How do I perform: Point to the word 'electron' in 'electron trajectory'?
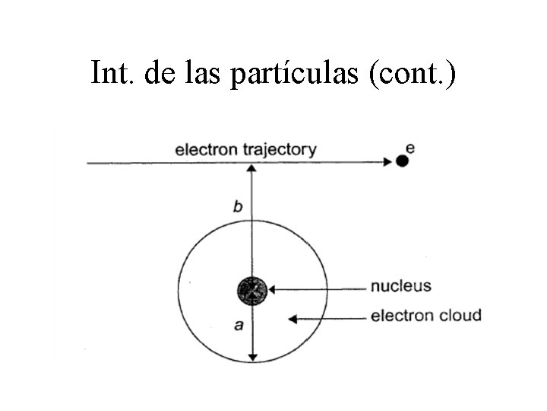(x=206, y=149)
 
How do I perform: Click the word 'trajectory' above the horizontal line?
(x=279, y=150)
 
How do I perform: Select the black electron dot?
(x=403, y=161)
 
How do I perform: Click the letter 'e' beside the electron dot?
(x=410, y=147)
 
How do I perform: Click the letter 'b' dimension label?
(x=238, y=206)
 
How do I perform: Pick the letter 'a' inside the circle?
(x=238, y=325)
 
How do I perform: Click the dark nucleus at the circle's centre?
(x=252, y=290)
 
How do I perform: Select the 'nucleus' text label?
(x=400, y=287)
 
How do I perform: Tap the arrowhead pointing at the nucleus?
(x=273, y=289)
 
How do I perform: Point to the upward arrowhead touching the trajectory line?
(x=252, y=168)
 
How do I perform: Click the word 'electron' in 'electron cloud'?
(x=400, y=315)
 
